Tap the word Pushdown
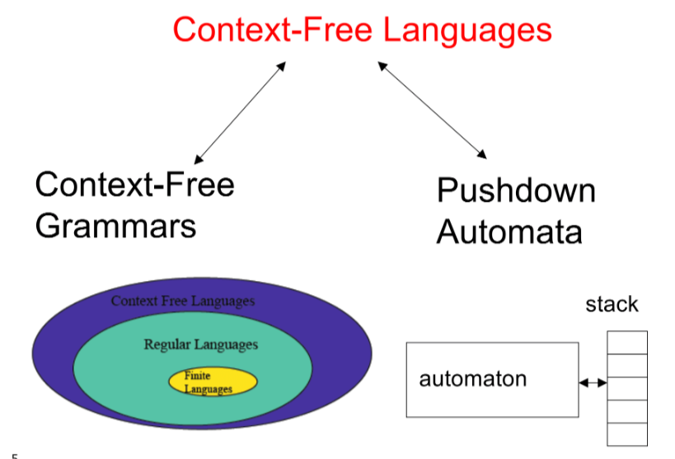tap(516, 190)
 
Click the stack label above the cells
tap(612, 304)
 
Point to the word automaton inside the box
tap(472, 380)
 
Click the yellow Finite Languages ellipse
tap(201, 382)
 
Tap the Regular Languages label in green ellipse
tap(200, 344)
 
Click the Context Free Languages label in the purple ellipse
tap(183, 301)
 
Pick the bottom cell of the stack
tap(626, 434)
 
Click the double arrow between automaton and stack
tap(593, 382)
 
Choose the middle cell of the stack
tap(626, 388)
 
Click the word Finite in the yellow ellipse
tap(198, 376)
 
